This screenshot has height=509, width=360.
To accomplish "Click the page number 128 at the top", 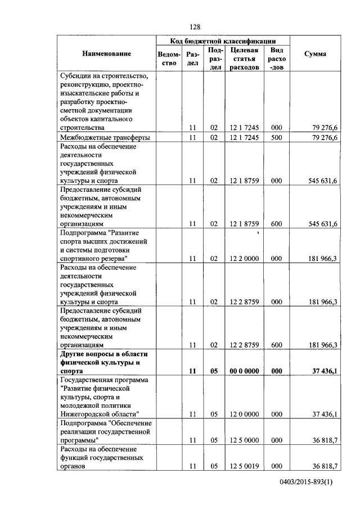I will coord(195,27).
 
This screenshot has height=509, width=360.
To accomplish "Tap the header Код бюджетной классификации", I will coord(223,41).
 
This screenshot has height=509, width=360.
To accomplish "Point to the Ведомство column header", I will coord(169,58).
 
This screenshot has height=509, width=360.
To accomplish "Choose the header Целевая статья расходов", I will coord(244,58).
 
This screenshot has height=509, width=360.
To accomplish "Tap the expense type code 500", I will coord(276,137).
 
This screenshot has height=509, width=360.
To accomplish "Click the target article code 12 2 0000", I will coord(244,259).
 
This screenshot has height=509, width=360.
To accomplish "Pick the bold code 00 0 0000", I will coord(244,371).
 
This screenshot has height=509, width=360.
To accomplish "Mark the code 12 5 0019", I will coord(244,466).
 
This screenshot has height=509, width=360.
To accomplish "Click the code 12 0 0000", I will coord(244,414).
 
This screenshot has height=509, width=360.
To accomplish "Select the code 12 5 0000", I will coord(244,441).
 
